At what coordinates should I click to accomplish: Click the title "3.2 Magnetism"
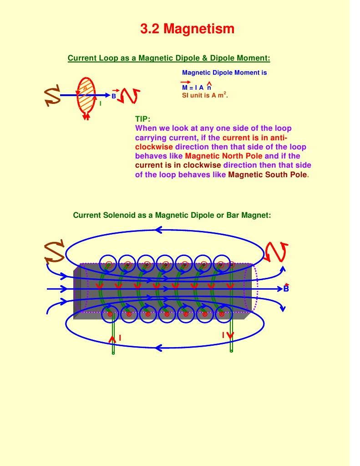pyautogui.click(x=187, y=29)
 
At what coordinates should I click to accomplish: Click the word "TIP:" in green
pyautogui.click(x=142, y=119)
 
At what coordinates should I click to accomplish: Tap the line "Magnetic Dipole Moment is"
pyautogui.click(x=224, y=72)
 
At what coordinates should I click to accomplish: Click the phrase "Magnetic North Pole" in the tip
pyautogui.click(x=224, y=156)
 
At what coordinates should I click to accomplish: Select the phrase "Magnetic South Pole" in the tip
pyautogui.click(x=268, y=174)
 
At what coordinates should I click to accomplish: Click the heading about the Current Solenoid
pyautogui.click(x=172, y=215)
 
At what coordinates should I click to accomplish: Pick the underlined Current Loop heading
pyautogui.click(x=169, y=58)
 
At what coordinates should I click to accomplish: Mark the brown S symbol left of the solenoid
pyautogui.click(x=55, y=252)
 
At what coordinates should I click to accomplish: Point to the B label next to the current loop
pyautogui.click(x=114, y=96)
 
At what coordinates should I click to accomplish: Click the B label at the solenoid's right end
pyautogui.click(x=286, y=289)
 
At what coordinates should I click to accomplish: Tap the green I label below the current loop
pyautogui.click(x=100, y=103)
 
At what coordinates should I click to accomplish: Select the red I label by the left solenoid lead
pyautogui.click(x=120, y=338)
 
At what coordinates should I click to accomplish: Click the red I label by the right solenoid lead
pyautogui.click(x=223, y=335)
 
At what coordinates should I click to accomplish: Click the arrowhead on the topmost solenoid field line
pyautogui.click(x=158, y=230)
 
